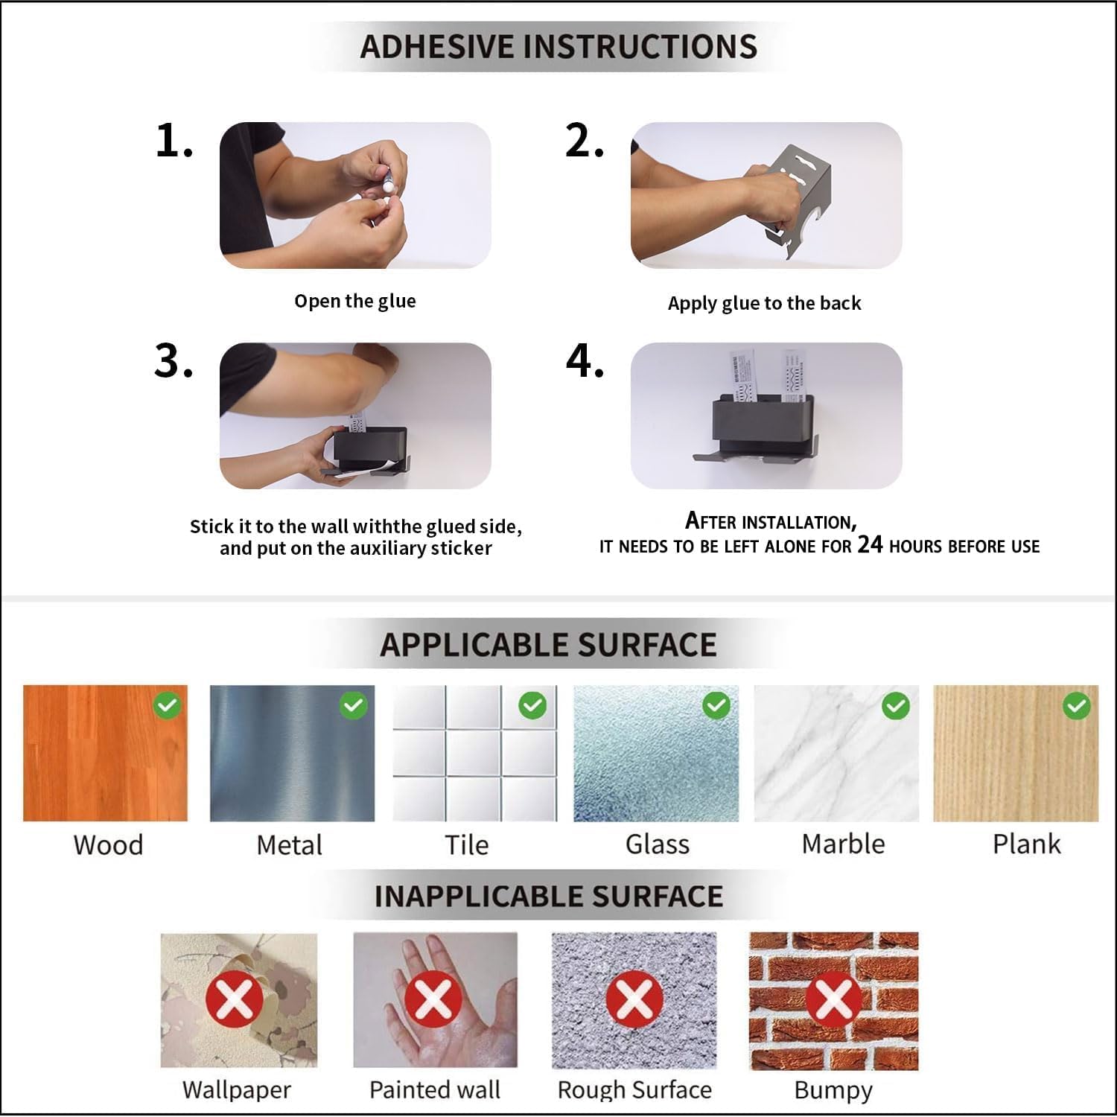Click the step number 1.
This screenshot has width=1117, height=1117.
point(174,140)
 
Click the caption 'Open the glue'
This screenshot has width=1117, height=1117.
point(355,302)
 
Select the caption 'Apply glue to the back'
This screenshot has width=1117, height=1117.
point(764,303)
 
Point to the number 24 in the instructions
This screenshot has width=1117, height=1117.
point(870,544)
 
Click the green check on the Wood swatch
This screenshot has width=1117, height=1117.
point(168,705)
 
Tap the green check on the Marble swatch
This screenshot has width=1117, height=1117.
point(896,705)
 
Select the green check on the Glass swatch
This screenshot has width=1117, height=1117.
point(716,705)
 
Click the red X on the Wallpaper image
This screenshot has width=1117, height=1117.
point(235,999)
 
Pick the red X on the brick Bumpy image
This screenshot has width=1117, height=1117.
point(834,999)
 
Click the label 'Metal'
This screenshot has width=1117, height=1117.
point(289,845)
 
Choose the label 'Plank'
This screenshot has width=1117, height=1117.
point(1026,844)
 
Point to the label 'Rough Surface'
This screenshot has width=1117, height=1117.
point(634,1089)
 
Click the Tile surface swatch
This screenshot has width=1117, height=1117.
point(474,753)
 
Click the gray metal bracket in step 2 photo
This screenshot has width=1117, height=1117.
point(797,197)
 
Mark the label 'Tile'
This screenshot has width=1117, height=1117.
point(467,845)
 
